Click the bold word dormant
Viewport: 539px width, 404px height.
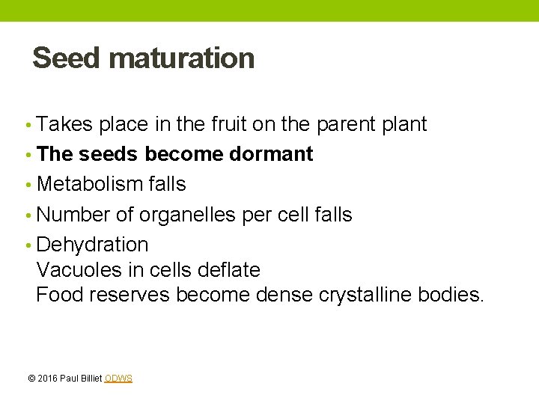(x=271, y=154)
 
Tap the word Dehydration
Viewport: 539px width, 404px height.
(x=92, y=245)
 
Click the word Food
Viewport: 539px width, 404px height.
(x=59, y=295)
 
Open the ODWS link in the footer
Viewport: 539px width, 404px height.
(x=118, y=379)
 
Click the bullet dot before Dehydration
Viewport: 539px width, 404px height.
(x=28, y=245)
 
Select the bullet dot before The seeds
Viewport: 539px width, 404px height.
(x=28, y=155)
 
